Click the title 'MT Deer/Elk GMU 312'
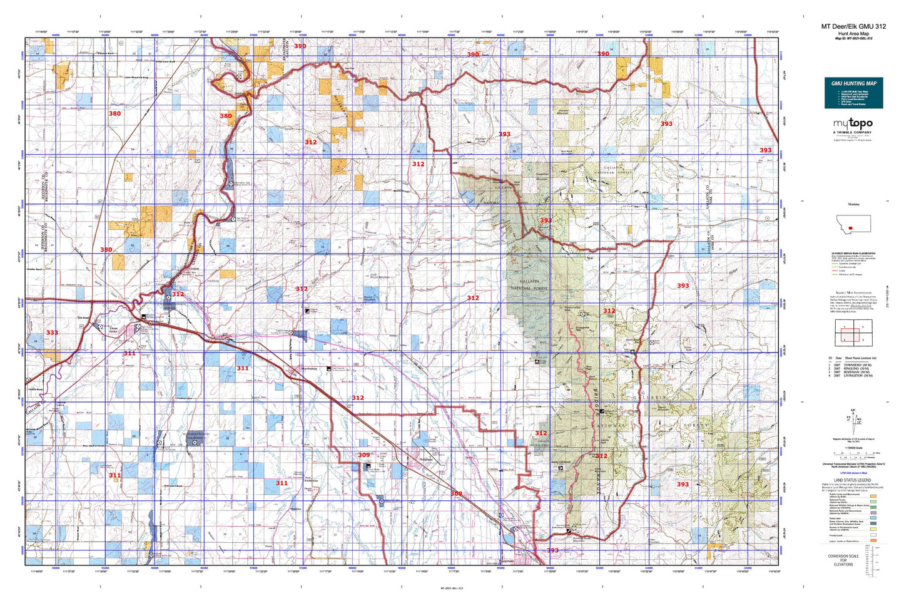[853, 26]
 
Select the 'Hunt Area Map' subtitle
[853, 33]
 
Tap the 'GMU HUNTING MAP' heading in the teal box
[853, 83]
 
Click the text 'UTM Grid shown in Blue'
[853, 473]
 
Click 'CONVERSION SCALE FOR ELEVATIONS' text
[843, 560]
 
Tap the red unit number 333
[52, 332]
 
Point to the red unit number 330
[106, 250]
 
